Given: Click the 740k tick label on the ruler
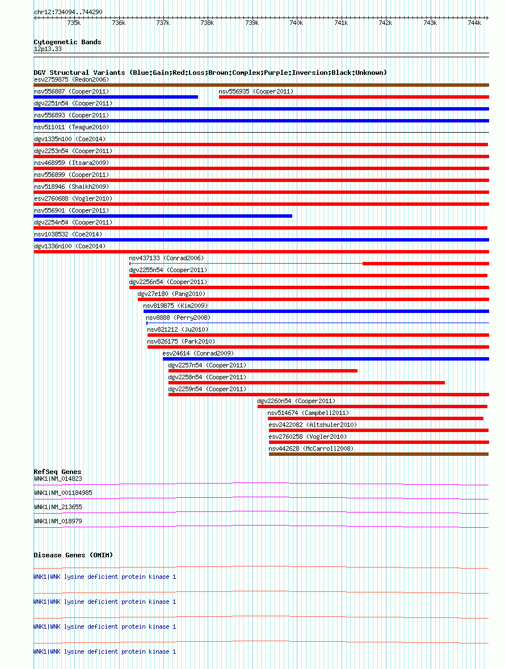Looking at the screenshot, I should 296,23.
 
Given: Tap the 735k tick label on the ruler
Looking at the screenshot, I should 73,23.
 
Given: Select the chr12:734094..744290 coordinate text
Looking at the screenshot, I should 68,12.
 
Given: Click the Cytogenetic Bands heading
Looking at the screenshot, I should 68,42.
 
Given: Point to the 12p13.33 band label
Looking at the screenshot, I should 48,49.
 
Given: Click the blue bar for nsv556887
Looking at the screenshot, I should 116,97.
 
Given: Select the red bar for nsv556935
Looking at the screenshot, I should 354,97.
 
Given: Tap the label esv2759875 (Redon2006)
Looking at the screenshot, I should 71,79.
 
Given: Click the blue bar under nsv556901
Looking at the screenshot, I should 163,216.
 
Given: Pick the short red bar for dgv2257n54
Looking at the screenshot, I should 263,371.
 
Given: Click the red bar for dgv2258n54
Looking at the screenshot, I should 306,383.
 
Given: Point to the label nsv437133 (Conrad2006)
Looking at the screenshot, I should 166,259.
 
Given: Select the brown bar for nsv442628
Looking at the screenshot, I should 378,454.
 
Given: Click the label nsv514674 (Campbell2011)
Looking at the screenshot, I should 308,413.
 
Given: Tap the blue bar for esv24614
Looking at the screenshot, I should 326,359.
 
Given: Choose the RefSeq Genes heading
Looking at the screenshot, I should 57,472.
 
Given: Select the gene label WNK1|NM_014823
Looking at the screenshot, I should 58,479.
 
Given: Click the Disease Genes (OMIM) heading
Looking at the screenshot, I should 73,555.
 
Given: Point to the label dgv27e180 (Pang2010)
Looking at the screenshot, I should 171,294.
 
